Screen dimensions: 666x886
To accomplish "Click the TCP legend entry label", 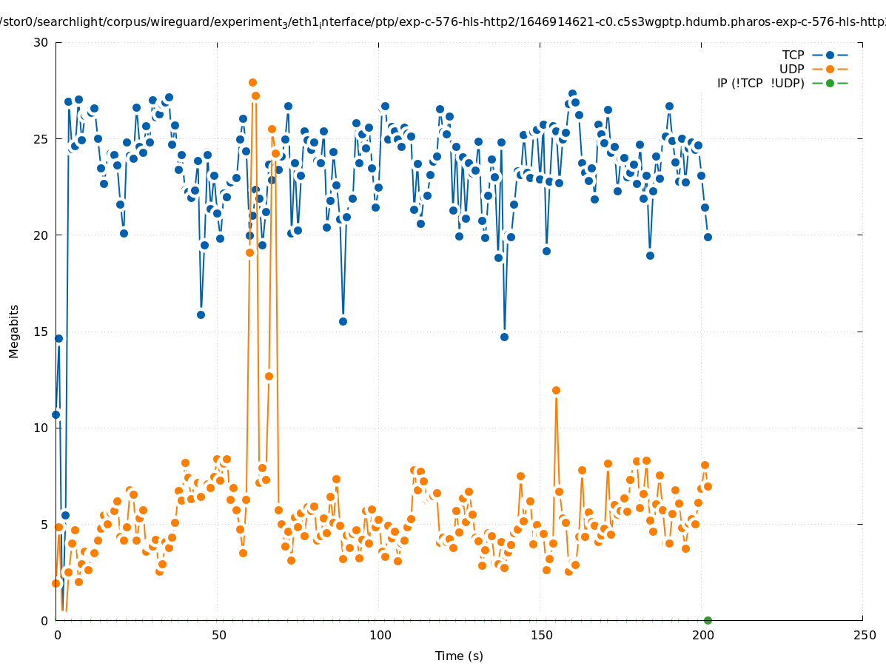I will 793,55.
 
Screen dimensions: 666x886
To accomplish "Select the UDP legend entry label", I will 791,69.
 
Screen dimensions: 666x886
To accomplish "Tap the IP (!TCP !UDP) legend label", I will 760,83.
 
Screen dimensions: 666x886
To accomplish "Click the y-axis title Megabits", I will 14,331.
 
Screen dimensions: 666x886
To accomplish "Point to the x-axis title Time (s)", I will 459,656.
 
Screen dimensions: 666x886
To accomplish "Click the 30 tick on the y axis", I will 41,42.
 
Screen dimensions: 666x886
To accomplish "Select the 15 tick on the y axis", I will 41,332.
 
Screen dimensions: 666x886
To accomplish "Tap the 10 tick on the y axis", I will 41,428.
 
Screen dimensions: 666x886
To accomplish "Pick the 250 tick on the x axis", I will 863,635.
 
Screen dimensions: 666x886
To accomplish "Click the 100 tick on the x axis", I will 379,635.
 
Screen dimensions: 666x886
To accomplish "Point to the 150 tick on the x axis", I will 540,635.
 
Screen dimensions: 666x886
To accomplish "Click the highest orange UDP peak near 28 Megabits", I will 252,82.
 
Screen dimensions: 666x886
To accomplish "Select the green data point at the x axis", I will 708,620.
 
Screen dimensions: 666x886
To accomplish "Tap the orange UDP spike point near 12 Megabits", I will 556,390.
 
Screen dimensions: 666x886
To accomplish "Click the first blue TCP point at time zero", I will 56,414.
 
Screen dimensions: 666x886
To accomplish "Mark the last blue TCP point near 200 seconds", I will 708,237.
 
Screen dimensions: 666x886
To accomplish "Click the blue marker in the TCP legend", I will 830,55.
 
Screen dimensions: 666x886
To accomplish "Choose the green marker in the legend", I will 830,83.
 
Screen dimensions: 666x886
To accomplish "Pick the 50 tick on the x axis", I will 218,635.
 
